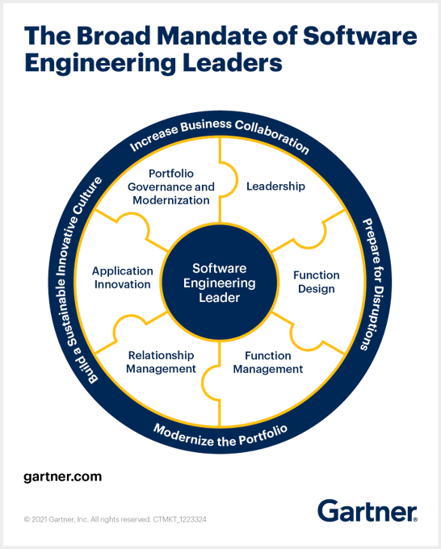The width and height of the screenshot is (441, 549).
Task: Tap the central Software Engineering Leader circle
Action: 220,283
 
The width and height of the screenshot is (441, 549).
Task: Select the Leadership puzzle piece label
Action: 275,186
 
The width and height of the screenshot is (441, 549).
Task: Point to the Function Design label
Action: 317,282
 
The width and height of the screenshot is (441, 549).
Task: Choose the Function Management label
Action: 268,363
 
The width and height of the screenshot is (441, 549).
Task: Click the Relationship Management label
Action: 161,362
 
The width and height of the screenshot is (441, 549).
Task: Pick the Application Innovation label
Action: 123,278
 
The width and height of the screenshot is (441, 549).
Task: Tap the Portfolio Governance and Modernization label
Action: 171,187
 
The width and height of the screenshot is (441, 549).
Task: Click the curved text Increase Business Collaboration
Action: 220,135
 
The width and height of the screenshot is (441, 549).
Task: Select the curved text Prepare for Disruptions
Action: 373,284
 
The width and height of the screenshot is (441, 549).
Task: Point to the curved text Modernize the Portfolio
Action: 220,435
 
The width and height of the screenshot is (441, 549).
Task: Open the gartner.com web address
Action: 63,477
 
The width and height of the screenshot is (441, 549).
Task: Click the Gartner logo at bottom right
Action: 367,511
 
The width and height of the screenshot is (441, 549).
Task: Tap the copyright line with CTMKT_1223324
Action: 115,519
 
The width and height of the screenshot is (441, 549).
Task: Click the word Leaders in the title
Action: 233,63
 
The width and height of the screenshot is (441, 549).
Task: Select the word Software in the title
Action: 360,36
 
